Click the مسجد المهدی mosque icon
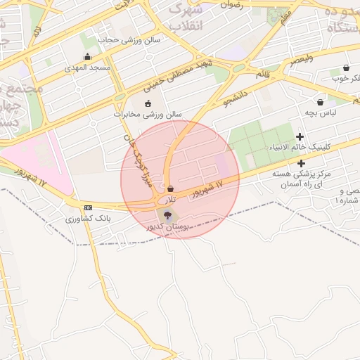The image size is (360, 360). pos(87,57)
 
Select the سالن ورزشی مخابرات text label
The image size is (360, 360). pos(148,114)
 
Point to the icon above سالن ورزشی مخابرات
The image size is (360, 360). pos(148,104)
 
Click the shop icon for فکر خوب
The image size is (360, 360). pos(347,68)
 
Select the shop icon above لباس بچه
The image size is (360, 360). pos(321,102)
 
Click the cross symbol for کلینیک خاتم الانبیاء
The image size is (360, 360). pos(300,136)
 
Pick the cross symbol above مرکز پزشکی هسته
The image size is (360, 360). pos(301,163)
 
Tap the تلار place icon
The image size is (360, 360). pos(171,188)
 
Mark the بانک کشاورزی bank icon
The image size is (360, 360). pos(88,207)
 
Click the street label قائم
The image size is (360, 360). pos(263,74)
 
